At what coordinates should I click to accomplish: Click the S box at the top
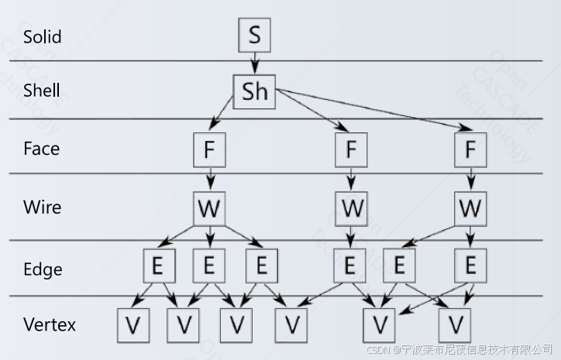tap(254, 35)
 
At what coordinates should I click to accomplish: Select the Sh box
tap(254, 91)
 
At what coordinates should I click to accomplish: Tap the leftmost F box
tap(209, 150)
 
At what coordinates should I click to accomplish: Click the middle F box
tap(351, 150)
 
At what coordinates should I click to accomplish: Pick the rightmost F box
tap(470, 150)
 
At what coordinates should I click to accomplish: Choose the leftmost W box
tap(209, 208)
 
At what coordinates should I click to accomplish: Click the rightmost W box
tap(470, 208)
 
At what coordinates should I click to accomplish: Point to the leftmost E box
tap(157, 266)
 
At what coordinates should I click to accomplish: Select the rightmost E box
tap(470, 266)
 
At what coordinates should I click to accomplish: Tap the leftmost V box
tap(133, 325)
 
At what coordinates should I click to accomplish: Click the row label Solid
tap(42, 36)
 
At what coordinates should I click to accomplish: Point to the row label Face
tap(41, 149)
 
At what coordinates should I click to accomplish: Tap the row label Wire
tap(42, 207)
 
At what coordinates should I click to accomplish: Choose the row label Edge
tap(43, 269)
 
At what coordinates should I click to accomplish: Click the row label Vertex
tap(50, 324)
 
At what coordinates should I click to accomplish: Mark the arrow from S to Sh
tap(254, 63)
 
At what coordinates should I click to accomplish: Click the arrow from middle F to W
tap(351, 179)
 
